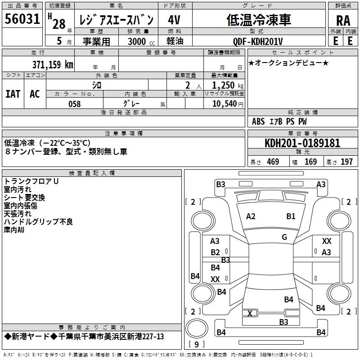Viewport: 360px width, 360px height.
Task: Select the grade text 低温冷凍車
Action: click(258, 20)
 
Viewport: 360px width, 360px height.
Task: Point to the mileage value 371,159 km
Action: click(53, 64)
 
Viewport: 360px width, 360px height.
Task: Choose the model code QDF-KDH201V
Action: click(258, 41)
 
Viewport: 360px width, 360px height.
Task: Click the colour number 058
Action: click(74, 104)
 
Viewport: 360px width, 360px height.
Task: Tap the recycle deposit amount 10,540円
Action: click(227, 104)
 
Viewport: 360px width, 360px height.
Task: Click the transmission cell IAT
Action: click(13, 94)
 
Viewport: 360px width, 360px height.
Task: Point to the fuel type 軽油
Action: click(175, 41)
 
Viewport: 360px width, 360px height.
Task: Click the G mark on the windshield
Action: click(284, 237)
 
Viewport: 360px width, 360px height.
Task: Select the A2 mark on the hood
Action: click(251, 216)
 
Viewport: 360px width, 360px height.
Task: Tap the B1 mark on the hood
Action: click(291, 216)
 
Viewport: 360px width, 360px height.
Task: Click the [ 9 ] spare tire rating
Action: click(196, 345)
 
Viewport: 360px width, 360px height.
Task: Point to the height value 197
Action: click(346, 162)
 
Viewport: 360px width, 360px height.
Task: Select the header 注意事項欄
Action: click(124, 134)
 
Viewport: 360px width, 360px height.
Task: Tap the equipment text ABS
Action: click(258, 121)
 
